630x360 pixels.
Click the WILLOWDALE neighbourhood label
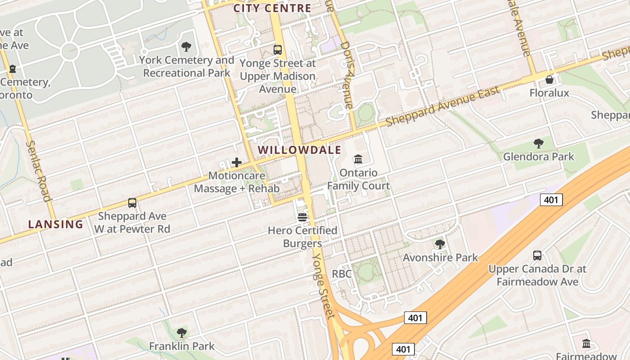(300, 150)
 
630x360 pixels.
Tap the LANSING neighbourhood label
(56, 224)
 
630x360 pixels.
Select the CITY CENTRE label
(272, 8)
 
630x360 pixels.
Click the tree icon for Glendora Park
(538, 144)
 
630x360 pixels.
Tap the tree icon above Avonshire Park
(440, 244)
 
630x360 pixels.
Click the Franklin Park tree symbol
(182, 333)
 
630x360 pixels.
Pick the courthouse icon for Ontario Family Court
(358, 159)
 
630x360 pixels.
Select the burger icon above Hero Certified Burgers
(302, 217)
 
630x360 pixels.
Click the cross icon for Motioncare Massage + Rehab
(237, 162)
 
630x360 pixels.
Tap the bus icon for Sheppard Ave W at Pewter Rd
(132, 203)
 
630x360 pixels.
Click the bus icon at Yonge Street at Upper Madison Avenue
(278, 50)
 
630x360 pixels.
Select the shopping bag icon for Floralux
(549, 80)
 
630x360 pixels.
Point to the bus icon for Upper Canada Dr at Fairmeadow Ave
(537, 256)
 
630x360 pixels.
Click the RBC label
(341, 274)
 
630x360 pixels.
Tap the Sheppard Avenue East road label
(443, 107)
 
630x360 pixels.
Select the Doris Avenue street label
(346, 75)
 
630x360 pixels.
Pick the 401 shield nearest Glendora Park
(551, 200)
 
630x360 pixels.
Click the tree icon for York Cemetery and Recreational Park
(186, 47)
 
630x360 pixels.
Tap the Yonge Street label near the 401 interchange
(323, 284)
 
